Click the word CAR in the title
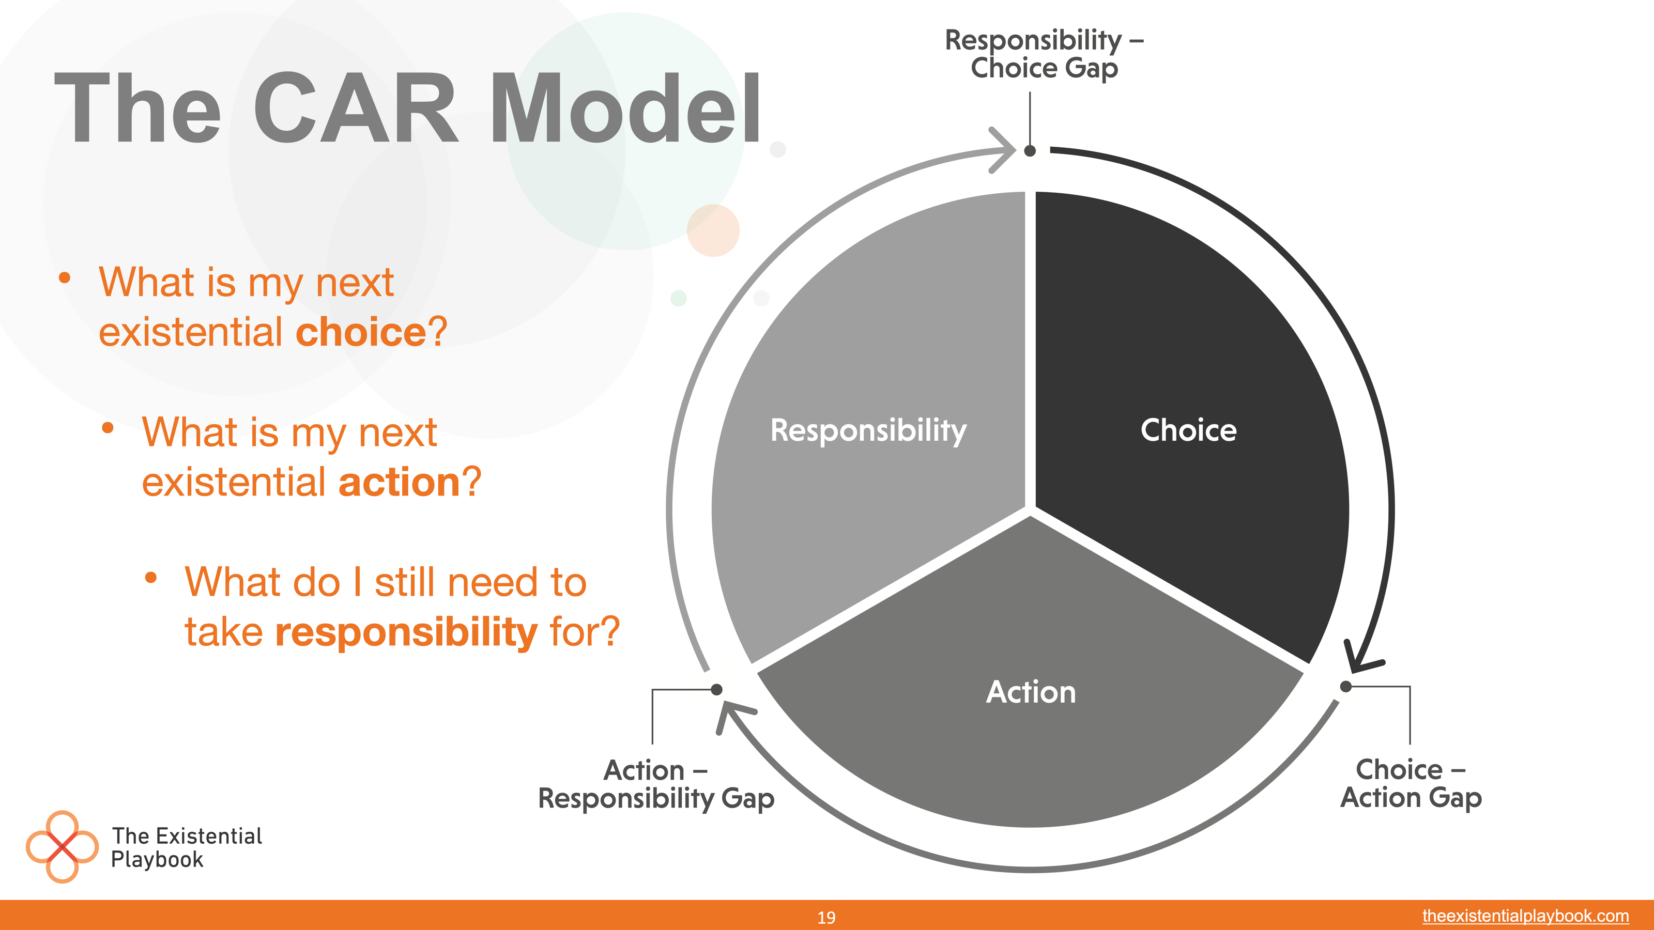pyautogui.click(x=356, y=108)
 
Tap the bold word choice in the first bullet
pyautogui.click(x=361, y=332)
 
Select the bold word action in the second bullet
pyautogui.click(x=399, y=482)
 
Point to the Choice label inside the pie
pyautogui.click(x=1188, y=429)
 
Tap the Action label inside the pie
pyautogui.click(x=1031, y=692)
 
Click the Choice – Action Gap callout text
pyautogui.click(x=1411, y=784)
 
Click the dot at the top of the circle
pyautogui.click(x=1030, y=151)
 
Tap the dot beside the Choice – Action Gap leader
pyautogui.click(x=1346, y=687)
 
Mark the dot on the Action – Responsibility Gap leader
pyautogui.click(x=716, y=689)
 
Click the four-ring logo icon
pyautogui.click(x=62, y=847)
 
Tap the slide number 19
pyautogui.click(x=826, y=918)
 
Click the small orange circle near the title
pyautogui.click(x=713, y=230)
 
